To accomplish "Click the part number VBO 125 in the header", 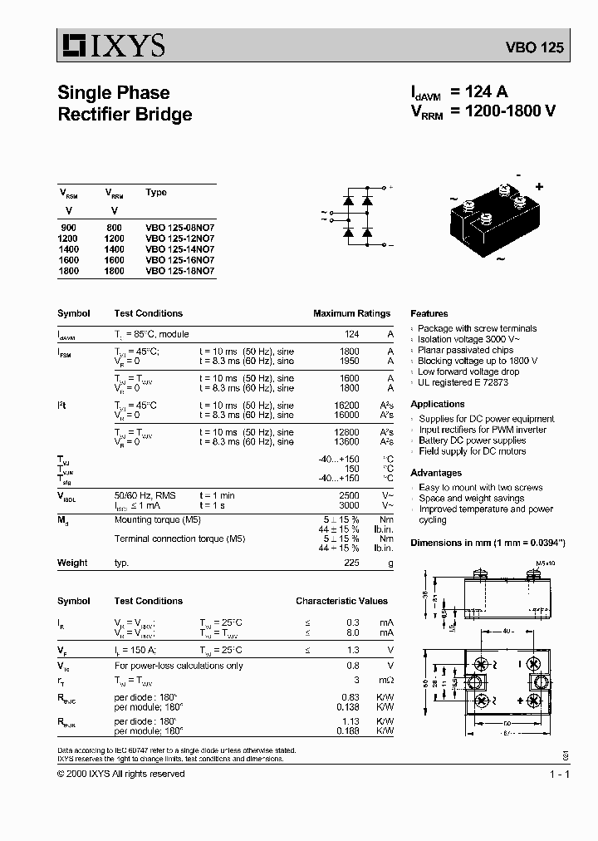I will click(x=534, y=48).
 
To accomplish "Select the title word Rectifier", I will click(x=96, y=115).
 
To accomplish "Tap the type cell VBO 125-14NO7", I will click(x=179, y=248).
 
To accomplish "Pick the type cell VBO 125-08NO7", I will click(x=179, y=227).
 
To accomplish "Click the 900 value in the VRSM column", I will click(x=67, y=227).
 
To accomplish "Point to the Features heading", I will click(x=429, y=313).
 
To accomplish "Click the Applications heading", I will click(x=438, y=404).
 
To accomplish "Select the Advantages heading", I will click(x=436, y=472).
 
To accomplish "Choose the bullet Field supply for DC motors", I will click(x=472, y=451).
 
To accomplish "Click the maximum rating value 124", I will click(x=351, y=334).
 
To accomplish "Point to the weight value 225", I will click(x=351, y=563).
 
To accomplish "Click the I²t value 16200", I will click(x=346, y=405).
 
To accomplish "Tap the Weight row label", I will click(x=72, y=563).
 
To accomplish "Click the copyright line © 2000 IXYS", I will click(x=120, y=774).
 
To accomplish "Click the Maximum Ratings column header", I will click(x=351, y=313).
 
